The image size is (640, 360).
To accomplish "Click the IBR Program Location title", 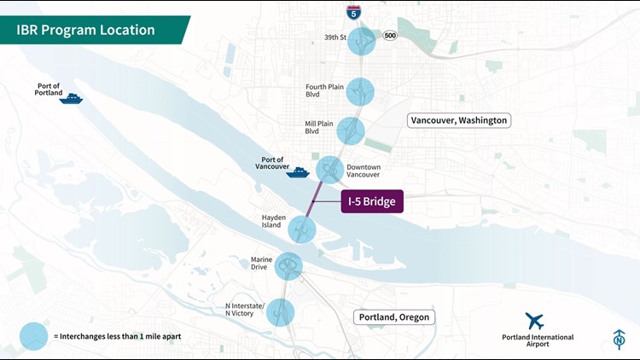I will (x=85, y=30).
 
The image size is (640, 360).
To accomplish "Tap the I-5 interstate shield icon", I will (x=353, y=11).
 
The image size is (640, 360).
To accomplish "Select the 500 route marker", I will (x=389, y=36).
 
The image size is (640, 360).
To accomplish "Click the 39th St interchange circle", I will (x=361, y=41).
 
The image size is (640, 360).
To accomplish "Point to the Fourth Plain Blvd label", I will (x=323, y=90).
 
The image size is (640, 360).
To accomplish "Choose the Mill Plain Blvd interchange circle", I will (x=351, y=131).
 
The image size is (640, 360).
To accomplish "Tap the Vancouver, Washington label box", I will (x=459, y=120).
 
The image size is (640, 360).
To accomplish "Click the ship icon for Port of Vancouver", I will (x=297, y=172).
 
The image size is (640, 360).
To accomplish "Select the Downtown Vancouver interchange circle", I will (x=330, y=170).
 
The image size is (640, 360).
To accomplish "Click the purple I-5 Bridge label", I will (x=371, y=202).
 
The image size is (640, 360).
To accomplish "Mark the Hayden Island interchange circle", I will (x=302, y=229).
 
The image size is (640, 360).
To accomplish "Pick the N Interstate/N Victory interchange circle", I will (x=280, y=312).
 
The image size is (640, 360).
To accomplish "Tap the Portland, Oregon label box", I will (x=394, y=317).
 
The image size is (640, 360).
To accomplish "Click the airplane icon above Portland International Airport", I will (x=535, y=322).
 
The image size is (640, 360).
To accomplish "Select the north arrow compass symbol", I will (x=619, y=339).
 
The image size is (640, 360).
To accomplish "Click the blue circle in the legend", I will (x=34, y=336).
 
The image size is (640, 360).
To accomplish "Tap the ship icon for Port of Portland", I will (x=71, y=99).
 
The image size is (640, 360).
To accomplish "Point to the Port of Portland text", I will (x=51, y=90).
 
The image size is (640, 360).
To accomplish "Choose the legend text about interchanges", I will (x=117, y=337).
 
